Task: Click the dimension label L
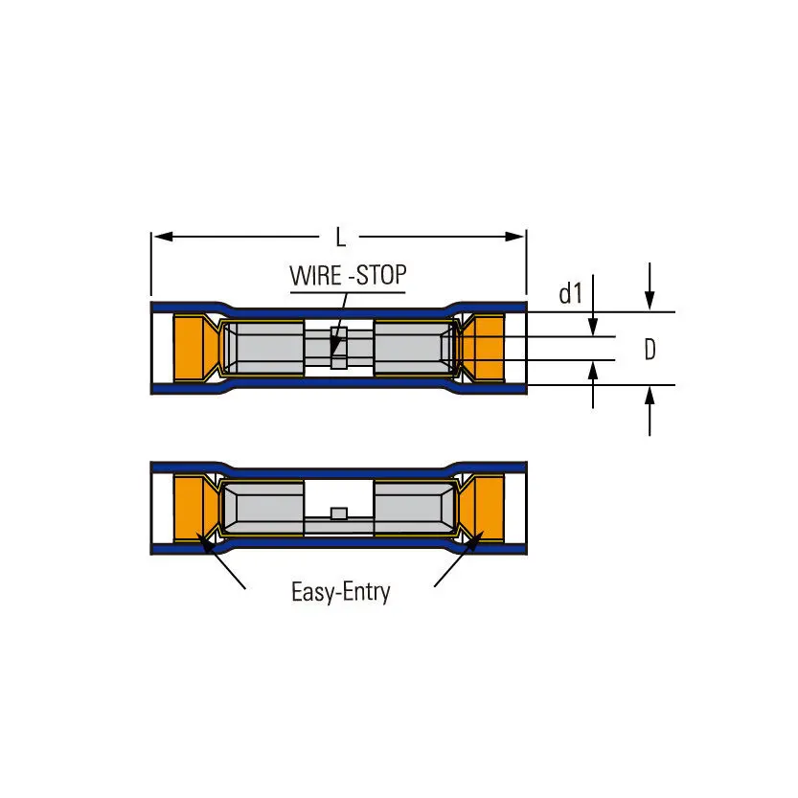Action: point(340,237)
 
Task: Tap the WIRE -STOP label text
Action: point(348,276)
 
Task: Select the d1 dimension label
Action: point(571,294)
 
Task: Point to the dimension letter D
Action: point(650,350)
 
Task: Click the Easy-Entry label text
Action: point(340,592)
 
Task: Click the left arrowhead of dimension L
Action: point(160,236)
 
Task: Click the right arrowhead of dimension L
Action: point(518,236)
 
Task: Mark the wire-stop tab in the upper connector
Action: point(337,348)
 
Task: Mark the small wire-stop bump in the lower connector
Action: point(337,514)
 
